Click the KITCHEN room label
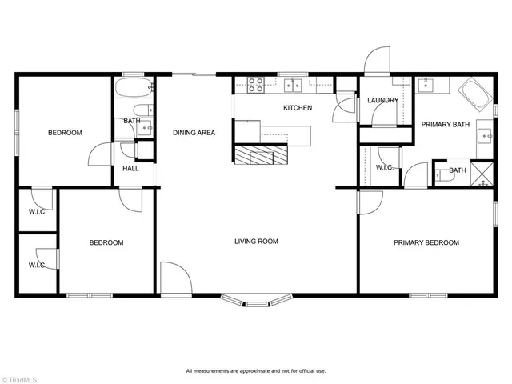click(x=298, y=108)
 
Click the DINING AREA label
click(x=194, y=133)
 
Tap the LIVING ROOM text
click(x=256, y=241)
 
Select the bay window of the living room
click(x=256, y=301)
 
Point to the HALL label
click(x=130, y=169)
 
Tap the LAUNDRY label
click(x=382, y=101)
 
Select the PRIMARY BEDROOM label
click(x=426, y=243)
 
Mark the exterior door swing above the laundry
click(x=376, y=60)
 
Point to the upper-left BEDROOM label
click(x=65, y=133)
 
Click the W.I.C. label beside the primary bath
click(x=384, y=168)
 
